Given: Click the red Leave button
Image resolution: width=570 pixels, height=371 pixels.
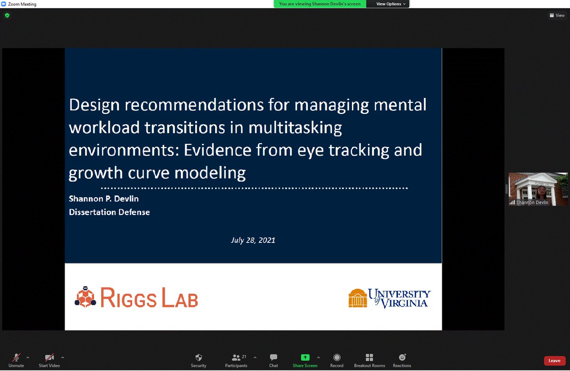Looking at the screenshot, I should (x=554, y=361).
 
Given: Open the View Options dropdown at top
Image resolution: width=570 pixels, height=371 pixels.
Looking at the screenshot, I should (x=391, y=4).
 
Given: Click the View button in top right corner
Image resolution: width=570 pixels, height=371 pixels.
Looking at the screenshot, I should (x=557, y=15).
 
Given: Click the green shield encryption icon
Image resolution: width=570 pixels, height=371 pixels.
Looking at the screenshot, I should (x=7, y=15).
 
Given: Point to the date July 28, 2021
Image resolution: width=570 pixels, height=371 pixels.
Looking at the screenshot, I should (x=253, y=240).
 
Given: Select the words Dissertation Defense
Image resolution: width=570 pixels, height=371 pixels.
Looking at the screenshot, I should (x=110, y=212).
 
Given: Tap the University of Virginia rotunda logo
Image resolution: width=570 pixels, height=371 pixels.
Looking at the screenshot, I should (x=358, y=298).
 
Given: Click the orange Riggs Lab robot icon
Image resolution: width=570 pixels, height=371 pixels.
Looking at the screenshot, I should (x=85, y=297).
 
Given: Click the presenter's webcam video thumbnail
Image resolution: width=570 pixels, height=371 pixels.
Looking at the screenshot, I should (x=538, y=189).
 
